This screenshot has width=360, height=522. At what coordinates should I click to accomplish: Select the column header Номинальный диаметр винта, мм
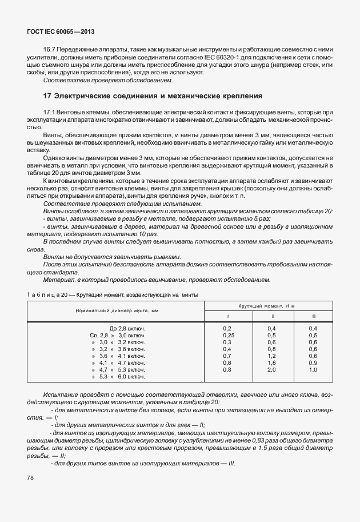pos(115,310)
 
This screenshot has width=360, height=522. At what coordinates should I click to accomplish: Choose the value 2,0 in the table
pos(271,370)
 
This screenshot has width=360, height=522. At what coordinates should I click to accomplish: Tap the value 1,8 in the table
pos(271,362)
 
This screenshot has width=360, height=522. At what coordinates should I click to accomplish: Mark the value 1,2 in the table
pos(271,356)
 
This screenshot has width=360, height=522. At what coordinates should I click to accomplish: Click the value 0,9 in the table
pos(313,362)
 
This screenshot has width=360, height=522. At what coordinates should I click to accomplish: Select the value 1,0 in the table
pos(313,370)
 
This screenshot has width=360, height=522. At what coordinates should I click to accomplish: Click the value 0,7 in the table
pos(227,356)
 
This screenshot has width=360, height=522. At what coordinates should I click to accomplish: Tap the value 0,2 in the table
pos(227,328)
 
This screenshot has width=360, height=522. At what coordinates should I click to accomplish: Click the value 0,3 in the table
pos(227,342)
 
